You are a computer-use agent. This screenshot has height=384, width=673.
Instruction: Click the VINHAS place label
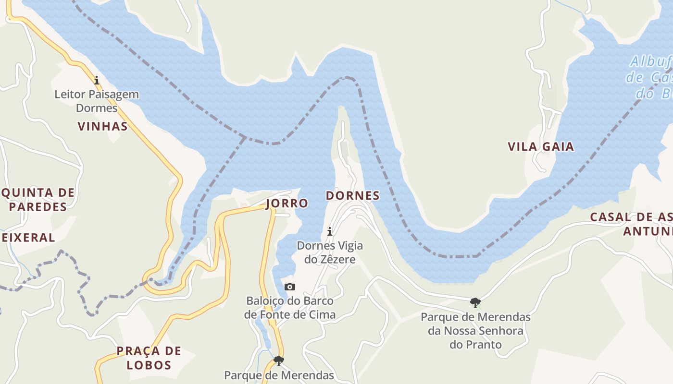tap(102, 126)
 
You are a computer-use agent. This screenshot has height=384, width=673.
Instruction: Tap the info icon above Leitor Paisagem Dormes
tap(97, 80)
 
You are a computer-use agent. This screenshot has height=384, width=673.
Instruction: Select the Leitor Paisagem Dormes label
tap(97, 101)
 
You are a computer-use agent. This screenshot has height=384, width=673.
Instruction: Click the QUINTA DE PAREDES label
tap(37, 200)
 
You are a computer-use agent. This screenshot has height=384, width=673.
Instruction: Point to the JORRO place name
tap(287, 203)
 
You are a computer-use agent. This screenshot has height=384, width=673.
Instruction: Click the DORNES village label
tap(352, 195)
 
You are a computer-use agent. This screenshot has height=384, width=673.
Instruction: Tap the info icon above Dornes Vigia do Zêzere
tap(330, 232)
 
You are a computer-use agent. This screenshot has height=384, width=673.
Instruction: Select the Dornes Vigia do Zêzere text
tap(330, 252)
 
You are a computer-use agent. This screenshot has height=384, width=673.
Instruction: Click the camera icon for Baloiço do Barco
tap(290, 287)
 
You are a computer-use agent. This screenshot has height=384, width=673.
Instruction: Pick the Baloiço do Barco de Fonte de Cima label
tap(290, 308)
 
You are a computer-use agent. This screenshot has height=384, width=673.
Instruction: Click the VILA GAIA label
tap(541, 146)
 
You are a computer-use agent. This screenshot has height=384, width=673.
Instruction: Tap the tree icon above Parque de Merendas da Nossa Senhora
tap(475, 302)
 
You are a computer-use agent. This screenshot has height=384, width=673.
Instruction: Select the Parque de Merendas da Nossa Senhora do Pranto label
tap(475, 331)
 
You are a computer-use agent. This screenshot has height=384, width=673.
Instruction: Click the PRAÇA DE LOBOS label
tap(149, 358)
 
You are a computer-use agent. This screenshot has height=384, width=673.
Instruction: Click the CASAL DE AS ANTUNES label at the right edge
tap(632, 224)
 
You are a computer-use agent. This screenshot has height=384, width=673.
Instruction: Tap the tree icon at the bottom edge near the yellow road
tap(278, 360)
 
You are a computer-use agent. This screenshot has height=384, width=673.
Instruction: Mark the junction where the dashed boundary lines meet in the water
tap(245, 138)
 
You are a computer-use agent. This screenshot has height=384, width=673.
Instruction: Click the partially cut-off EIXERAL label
tap(28, 237)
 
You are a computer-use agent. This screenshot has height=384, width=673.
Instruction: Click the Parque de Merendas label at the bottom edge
tap(279, 375)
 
